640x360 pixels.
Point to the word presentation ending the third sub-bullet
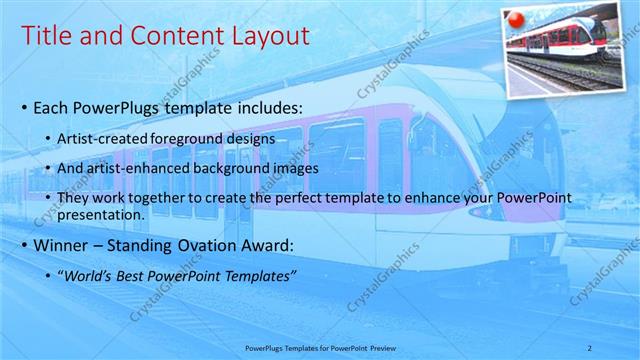tap(102, 213)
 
